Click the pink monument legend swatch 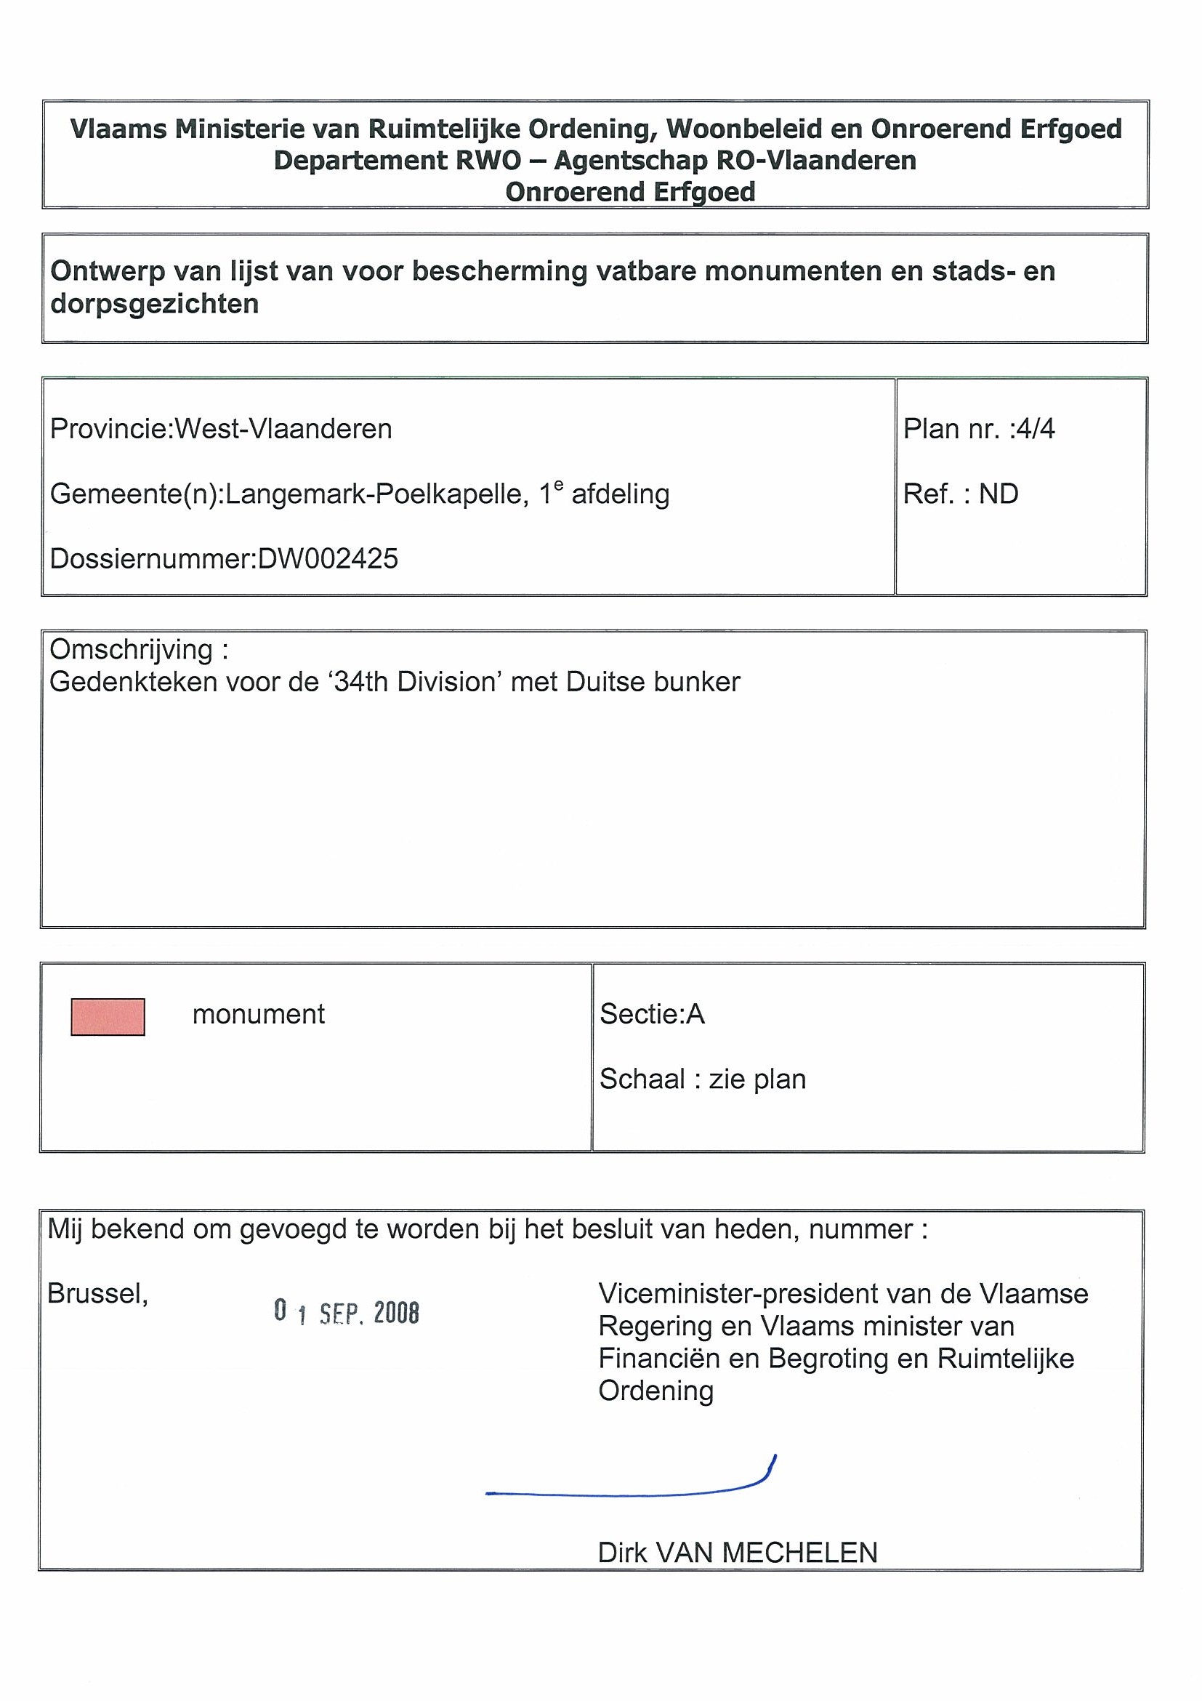108,1016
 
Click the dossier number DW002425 327,558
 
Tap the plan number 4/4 1036,429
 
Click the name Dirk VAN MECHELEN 737,1552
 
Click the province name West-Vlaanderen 283,429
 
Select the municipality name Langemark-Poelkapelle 376,494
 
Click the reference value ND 999,494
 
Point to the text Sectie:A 652,1014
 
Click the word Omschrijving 131,650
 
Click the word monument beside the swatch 259,1014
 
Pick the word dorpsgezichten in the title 155,304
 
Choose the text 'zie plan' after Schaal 757,1079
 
